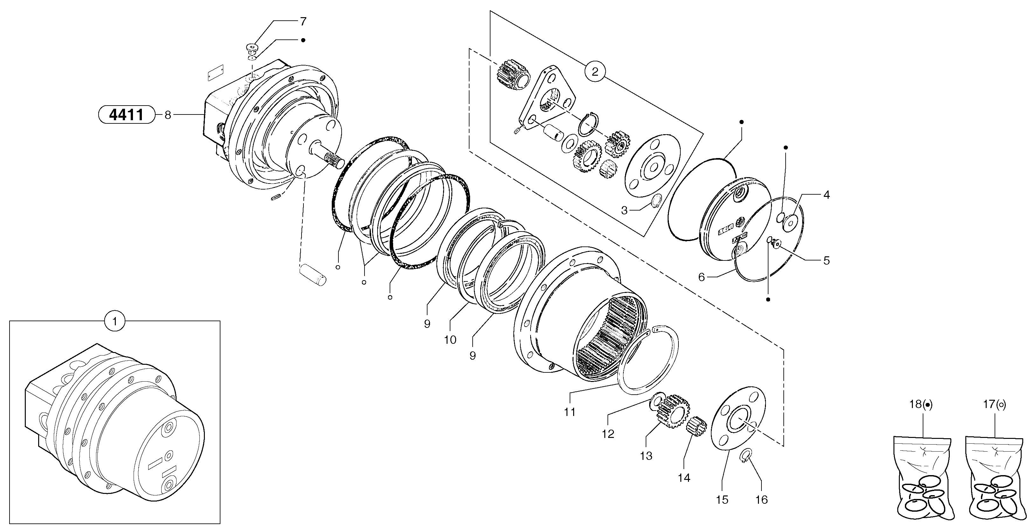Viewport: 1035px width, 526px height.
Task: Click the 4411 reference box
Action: tap(127, 115)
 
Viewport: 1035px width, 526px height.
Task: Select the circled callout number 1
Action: tap(115, 321)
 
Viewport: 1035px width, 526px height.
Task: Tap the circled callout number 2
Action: tap(595, 72)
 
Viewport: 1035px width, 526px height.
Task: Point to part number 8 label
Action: tap(168, 115)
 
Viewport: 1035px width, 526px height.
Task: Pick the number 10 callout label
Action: tap(450, 340)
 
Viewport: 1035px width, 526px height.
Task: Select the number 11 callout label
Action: tap(570, 412)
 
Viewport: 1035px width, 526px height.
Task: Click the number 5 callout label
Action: tap(826, 260)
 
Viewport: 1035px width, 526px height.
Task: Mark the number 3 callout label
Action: tap(624, 210)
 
